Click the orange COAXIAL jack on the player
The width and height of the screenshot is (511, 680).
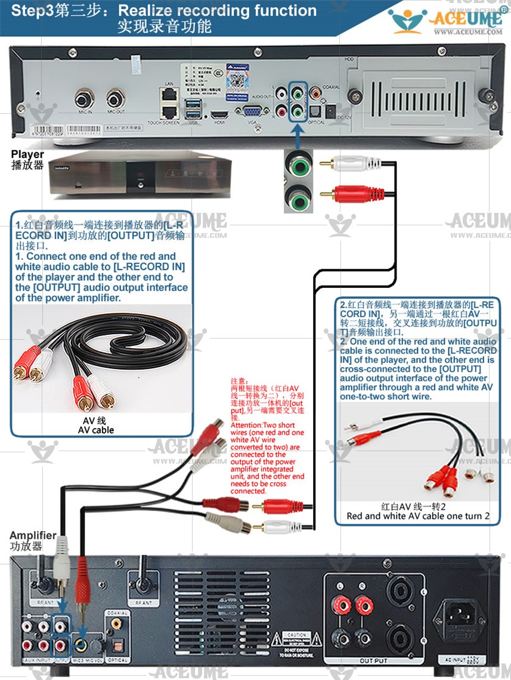tap(315, 94)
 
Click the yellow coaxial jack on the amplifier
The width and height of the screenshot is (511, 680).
tap(116, 622)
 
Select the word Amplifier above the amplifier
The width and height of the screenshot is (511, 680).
tap(33, 535)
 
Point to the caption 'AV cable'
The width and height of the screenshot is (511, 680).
tap(95, 430)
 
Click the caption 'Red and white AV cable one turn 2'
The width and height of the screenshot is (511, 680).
tap(418, 516)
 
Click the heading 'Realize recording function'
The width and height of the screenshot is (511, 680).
tap(218, 11)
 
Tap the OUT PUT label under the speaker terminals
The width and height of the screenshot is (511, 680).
tap(374, 660)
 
